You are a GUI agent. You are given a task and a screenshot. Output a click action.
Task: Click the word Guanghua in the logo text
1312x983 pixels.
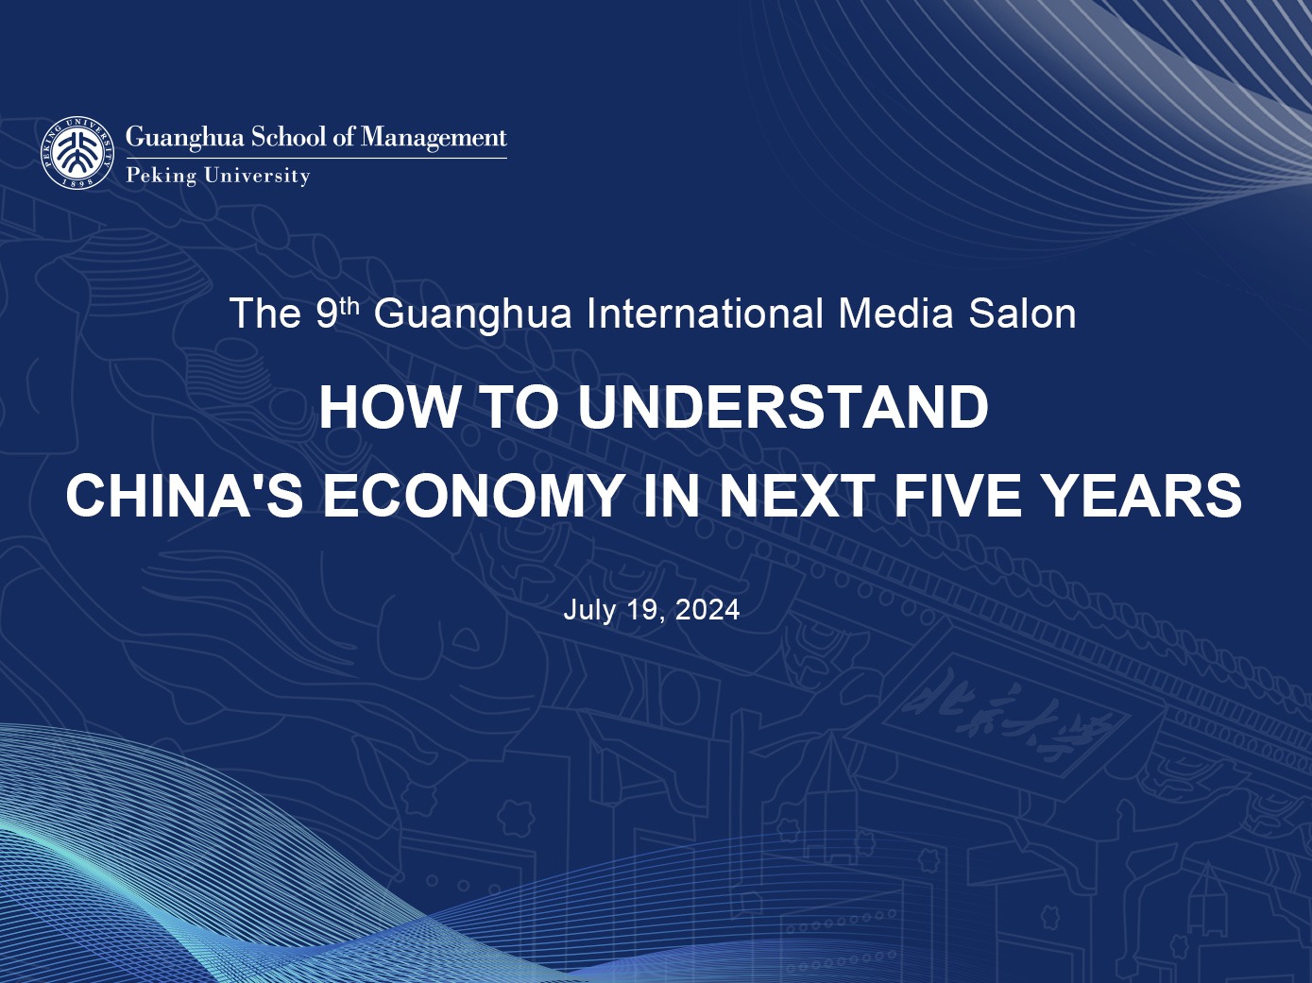pyautogui.click(x=184, y=138)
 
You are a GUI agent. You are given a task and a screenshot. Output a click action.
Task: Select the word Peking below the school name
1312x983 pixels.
pyautogui.click(x=161, y=176)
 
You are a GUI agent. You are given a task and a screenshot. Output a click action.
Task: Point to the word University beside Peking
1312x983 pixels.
pyautogui.click(x=257, y=176)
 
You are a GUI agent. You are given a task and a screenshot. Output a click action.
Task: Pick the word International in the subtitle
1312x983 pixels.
pyautogui.click(x=705, y=314)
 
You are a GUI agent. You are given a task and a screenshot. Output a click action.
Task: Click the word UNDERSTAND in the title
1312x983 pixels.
pyautogui.click(x=783, y=407)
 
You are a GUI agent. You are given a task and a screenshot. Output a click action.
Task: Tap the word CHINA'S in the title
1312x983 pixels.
pyautogui.click(x=184, y=495)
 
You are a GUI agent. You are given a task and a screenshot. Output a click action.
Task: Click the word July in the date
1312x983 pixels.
pyautogui.click(x=589, y=610)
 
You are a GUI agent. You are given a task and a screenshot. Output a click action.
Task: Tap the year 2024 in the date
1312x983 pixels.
pyautogui.click(x=707, y=610)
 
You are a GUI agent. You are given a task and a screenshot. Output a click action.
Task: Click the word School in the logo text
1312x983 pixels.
pyautogui.click(x=287, y=138)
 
